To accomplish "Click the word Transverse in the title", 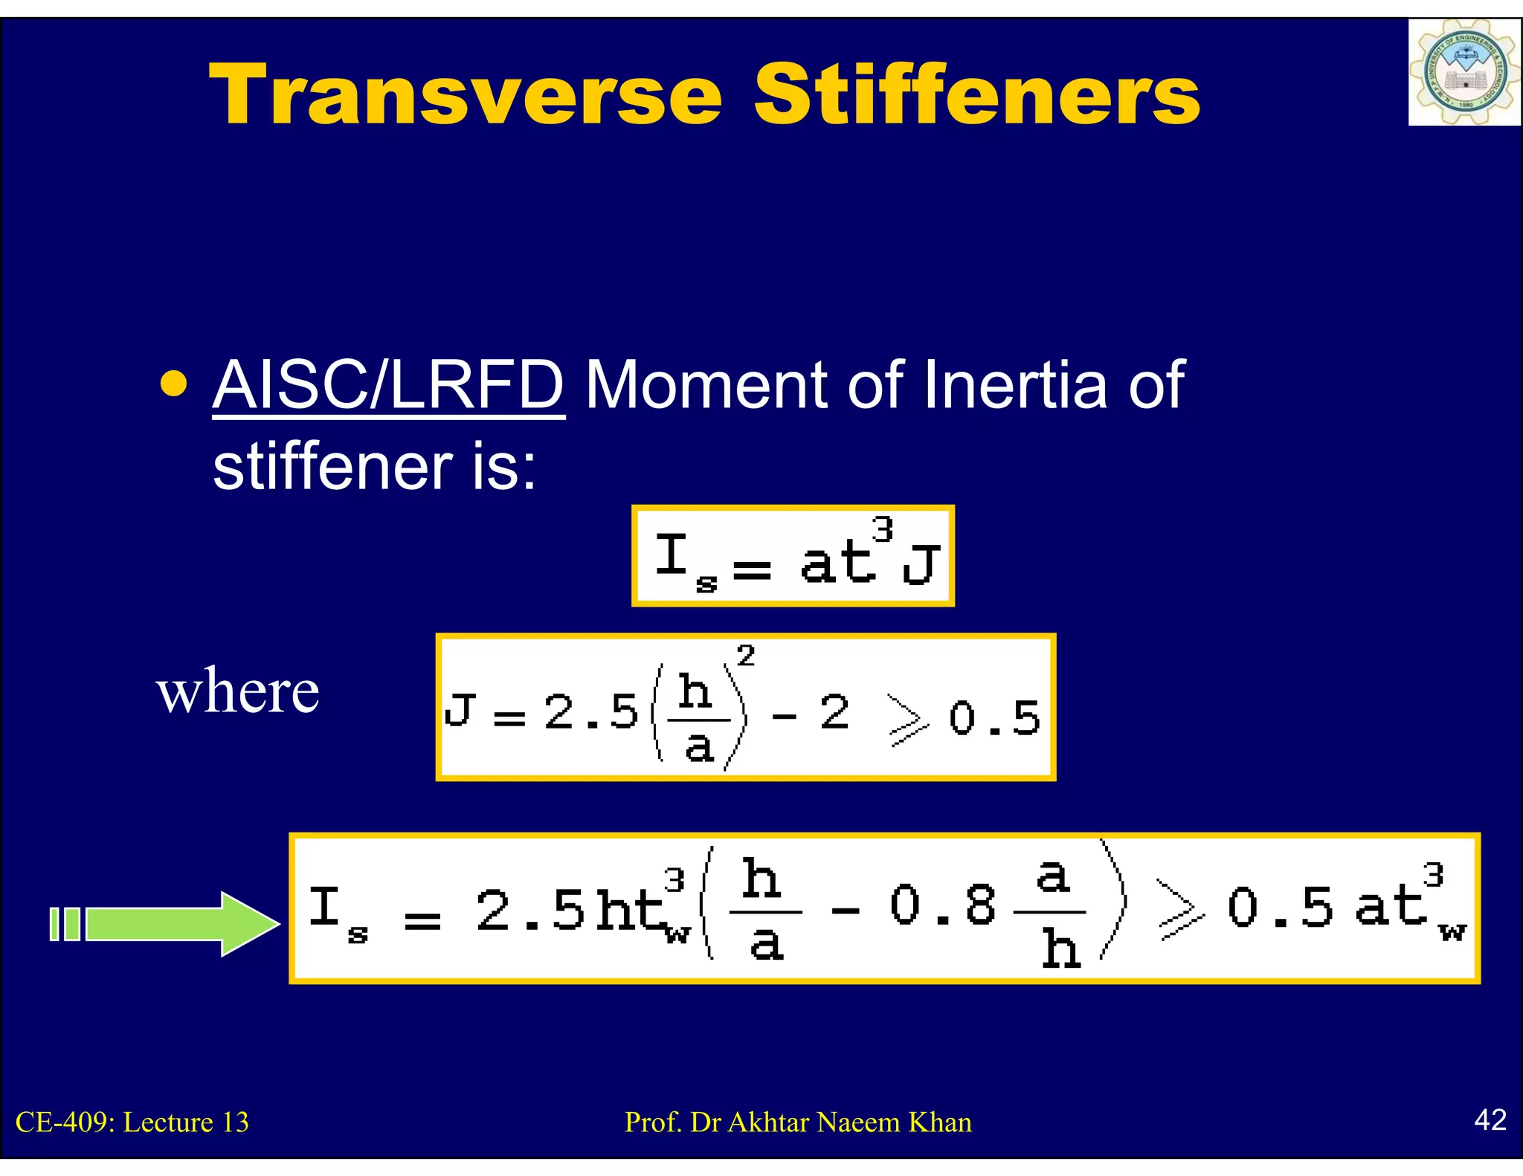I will [466, 95].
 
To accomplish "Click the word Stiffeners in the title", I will [976, 95].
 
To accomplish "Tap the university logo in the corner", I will [1463, 73].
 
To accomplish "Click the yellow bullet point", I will [173, 384].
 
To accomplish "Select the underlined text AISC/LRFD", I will [388, 385].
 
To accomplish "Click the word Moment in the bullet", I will [706, 385].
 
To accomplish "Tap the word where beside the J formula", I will [238, 691].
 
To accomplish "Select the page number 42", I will [1490, 1120].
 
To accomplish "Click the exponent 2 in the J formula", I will [745, 656].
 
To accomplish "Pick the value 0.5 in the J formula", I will [994, 718].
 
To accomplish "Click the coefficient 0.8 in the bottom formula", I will [942, 906].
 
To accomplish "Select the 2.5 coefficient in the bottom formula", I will [529, 910].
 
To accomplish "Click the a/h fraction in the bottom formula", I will [1052, 913].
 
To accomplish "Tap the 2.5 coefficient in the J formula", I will [591, 712].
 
